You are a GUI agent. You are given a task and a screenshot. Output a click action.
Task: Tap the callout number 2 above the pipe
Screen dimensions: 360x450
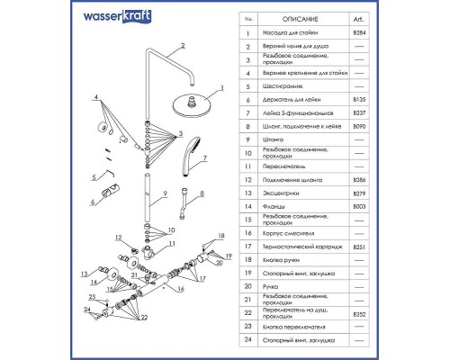182,44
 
